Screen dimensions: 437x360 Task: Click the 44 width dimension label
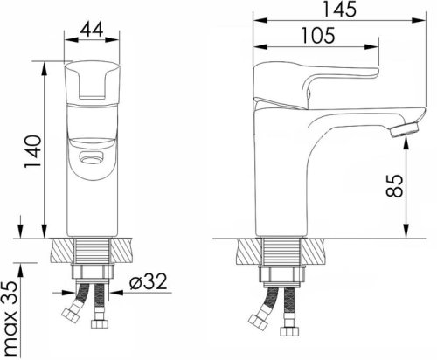92,30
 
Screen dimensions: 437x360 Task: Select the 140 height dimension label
33,151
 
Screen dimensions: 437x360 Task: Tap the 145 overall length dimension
339,9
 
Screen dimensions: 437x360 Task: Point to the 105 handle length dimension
318,36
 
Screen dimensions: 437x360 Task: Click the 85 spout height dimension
394,186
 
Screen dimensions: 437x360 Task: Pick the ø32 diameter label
149,281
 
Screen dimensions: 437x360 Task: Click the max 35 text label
11,319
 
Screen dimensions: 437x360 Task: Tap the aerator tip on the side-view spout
406,129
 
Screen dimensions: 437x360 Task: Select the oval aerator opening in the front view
92,158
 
